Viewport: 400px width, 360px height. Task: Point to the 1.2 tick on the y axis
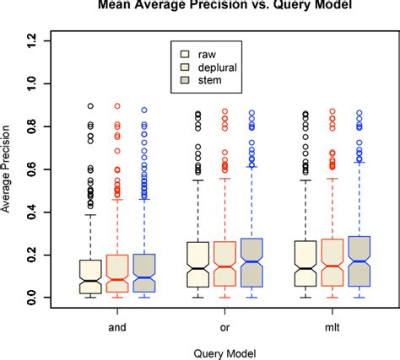click(x=32, y=39)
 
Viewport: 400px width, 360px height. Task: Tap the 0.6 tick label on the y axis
click(x=32, y=169)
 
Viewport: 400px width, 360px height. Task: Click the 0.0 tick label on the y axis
click(x=32, y=298)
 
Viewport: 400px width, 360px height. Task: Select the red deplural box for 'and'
click(x=116, y=274)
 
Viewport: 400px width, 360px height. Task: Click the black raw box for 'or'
click(x=197, y=265)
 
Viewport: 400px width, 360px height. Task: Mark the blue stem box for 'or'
click(x=251, y=262)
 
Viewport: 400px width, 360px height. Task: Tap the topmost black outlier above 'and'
click(x=89, y=106)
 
